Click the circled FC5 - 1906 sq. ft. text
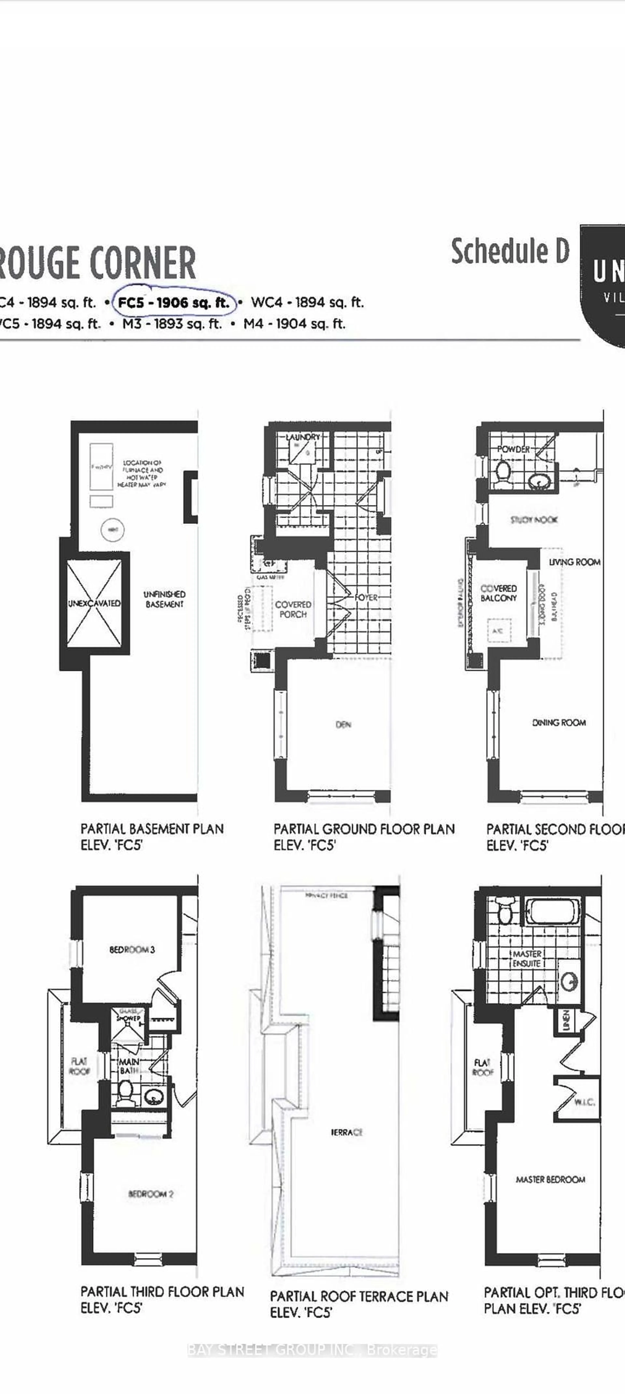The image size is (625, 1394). pos(173,302)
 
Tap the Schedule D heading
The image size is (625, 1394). pos(510,252)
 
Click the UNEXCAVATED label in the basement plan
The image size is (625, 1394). pos(94,603)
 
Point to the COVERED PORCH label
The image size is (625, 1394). pos(293,609)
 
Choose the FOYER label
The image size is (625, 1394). pos(367,597)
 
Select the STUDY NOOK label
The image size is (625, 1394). pos(534,520)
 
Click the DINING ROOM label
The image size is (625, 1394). pos(559,722)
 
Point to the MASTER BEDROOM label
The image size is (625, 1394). pos(550,1179)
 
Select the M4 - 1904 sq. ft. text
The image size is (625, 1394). pos(294,324)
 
